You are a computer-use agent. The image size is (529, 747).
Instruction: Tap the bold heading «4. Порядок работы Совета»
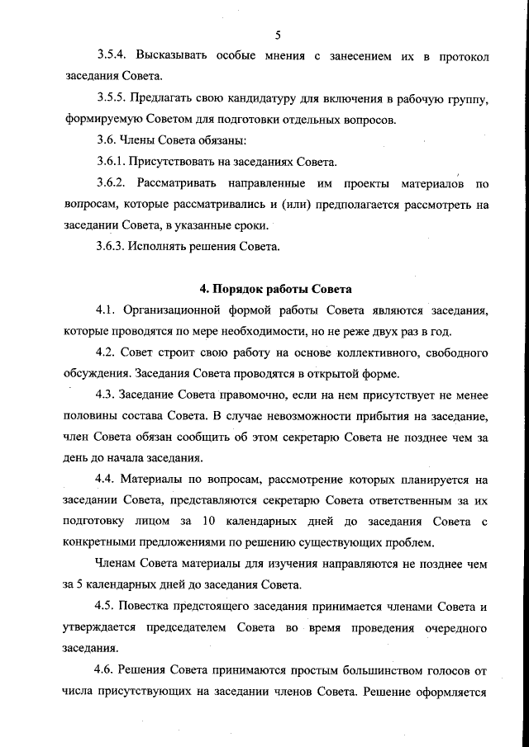pos(276,289)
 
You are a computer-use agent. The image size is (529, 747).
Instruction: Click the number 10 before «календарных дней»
pos(207,521)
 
